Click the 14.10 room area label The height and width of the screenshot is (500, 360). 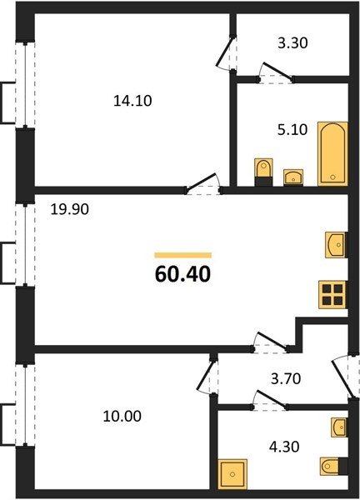click(x=132, y=101)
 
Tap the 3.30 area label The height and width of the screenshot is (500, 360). click(x=292, y=43)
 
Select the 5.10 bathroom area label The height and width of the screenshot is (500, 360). click(x=292, y=130)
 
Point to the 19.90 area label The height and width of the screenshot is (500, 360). click(x=70, y=209)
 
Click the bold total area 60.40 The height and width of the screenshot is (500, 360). click(x=183, y=274)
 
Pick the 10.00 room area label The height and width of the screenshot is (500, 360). click(x=122, y=416)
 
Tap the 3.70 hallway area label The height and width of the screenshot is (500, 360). click(x=286, y=379)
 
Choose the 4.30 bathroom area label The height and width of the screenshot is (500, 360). click(x=284, y=447)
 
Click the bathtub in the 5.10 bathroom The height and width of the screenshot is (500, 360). click(x=332, y=153)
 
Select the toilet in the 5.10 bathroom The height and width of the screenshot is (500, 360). click(x=263, y=172)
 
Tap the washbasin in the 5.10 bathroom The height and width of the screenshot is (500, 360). click(x=293, y=177)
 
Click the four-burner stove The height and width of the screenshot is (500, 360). click(x=332, y=295)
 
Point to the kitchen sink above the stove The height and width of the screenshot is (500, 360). click(x=336, y=245)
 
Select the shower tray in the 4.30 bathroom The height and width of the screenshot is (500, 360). click(x=232, y=474)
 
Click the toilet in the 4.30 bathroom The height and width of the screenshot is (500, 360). click(x=334, y=467)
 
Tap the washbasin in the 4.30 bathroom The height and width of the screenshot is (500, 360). click(x=339, y=427)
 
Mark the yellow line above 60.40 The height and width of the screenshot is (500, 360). click(x=183, y=255)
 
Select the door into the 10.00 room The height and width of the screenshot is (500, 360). click(x=207, y=377)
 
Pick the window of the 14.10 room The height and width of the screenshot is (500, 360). click(x=25, y=84)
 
